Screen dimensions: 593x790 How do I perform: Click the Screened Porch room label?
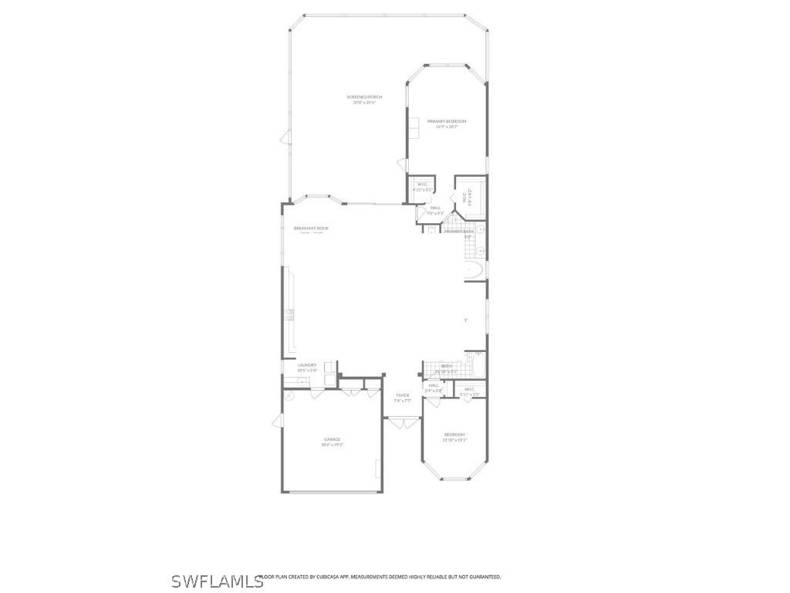(x=364, y=97)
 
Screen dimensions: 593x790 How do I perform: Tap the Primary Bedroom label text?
(x=447, y=121)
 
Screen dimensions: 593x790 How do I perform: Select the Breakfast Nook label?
(x=311, y=229)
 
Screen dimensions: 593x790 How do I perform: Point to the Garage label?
(x=332, y=439)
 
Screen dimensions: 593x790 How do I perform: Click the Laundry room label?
(x=307, y=365)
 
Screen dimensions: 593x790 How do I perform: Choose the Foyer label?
(x=403, y=395)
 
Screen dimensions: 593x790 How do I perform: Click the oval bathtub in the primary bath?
(x=474, y=270)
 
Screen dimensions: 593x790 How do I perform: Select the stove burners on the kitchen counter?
(x=291, y=314)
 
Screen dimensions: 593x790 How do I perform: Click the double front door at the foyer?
(x=402, y=422)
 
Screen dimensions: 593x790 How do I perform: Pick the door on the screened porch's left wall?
(x=285, y=138)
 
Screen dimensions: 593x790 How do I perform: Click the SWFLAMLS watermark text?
(x=217, y=581)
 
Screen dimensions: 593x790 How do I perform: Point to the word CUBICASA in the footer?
(x=330, y=577)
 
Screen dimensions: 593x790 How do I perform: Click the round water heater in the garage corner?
(x=289, y=395)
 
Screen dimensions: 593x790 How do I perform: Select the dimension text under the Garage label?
(x=332, y=445)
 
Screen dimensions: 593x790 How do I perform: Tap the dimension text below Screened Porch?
(x=364, y=102)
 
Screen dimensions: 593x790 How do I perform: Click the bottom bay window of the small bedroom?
(x=454, y=479)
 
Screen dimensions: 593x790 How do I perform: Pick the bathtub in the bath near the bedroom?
(x=474, y=368)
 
